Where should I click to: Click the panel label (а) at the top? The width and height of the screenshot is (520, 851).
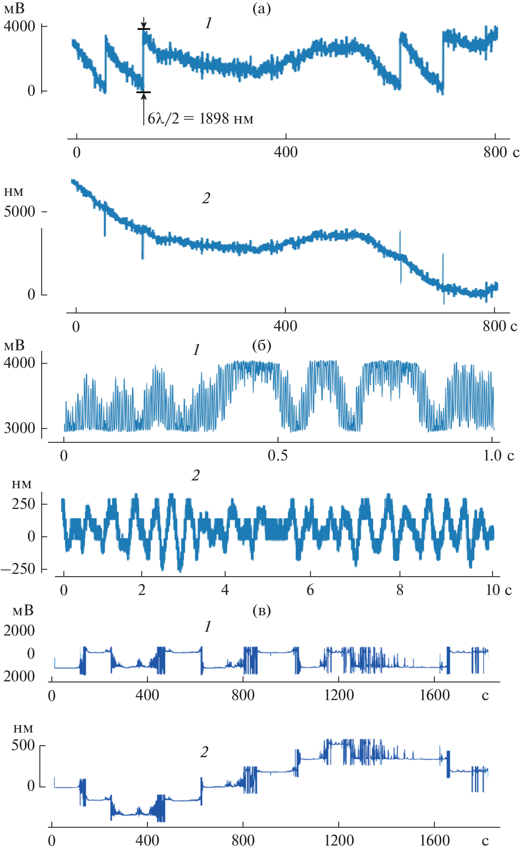coord(261,9)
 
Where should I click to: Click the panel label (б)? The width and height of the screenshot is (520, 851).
coord(261,346)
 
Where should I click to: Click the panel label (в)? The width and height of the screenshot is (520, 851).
coord(261,611)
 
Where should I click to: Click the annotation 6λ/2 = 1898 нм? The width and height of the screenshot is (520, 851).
coord(200,118)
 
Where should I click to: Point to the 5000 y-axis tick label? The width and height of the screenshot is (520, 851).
coord(20,211)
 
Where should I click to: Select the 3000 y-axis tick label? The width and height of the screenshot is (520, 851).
coord(20,428)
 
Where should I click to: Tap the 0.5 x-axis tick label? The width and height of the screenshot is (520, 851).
coord(277,455)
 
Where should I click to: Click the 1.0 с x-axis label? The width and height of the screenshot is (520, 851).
coord(498,455)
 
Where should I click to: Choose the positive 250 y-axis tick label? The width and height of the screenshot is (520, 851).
coord(23,504)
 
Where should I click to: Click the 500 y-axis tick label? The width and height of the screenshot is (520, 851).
coord(23,745)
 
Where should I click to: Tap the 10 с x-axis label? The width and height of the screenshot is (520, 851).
coord(498,590)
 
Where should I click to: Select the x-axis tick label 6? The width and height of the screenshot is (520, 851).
coord(310,590)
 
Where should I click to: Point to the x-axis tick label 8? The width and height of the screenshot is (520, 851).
coord(399,590)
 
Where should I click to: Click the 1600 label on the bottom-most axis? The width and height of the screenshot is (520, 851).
coord(434,840)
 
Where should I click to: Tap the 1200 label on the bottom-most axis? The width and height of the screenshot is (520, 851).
coord(339,840)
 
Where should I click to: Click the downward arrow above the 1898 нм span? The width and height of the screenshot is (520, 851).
coord(144,23)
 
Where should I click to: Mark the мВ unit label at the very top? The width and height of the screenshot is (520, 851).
coord(14,9)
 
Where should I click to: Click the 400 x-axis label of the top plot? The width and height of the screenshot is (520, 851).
coord(286,152)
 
